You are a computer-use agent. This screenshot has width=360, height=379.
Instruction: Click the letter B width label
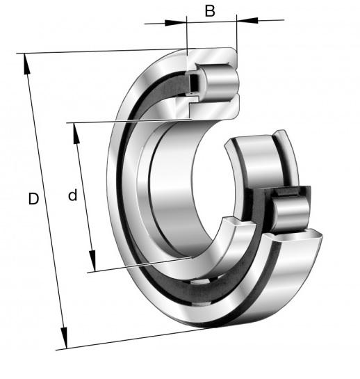[x=210, y=11]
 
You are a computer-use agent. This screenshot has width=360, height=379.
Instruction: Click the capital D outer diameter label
[x=33, y=199]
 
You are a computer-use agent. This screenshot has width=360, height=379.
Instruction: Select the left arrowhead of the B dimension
[x=176, y=23]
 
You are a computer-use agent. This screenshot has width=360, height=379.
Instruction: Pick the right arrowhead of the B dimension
[x=247, y=20]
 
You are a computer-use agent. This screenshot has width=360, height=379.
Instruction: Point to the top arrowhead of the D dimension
[x=26, y=64]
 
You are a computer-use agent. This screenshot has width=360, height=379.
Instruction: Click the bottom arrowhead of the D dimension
[x=64, y=338]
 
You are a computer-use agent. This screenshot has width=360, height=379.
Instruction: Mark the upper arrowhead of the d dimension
[x=76, y=134]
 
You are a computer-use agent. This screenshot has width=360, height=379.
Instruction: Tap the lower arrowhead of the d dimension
[x=92, y=261]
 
